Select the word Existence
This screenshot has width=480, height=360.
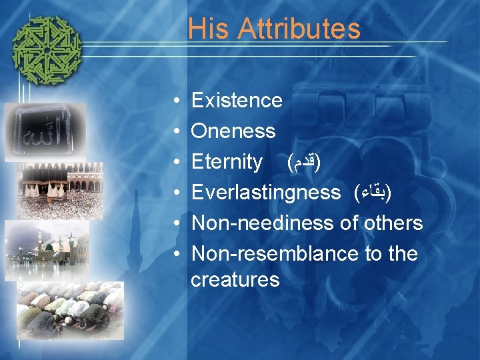[237, 101]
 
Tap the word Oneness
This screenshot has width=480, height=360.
[233, 131]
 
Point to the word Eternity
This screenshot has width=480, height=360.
[227, 162]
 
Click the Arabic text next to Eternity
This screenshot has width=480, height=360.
[303, 162]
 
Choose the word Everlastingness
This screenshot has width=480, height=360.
[265, 193]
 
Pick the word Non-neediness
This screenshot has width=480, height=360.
[263, 223]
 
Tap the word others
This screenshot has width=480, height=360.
[393, 223]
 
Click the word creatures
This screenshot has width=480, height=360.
[235, 279]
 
